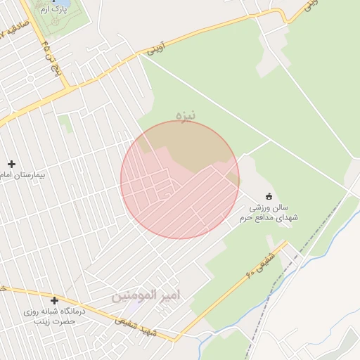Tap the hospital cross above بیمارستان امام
[12, 164]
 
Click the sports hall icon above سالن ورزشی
[268, 196]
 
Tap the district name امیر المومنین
[146, 295]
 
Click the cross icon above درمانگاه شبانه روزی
[54, 300]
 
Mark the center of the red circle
[180, 180]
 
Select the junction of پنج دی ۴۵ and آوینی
[68, 89]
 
